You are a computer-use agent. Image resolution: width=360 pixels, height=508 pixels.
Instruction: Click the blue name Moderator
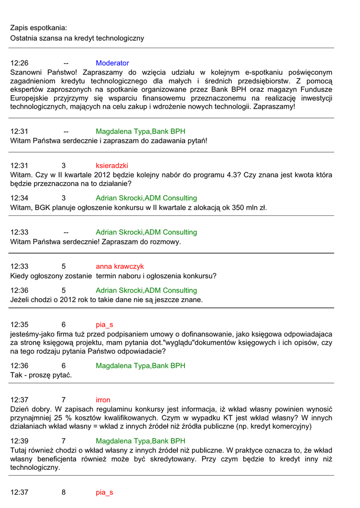tap(112, 63)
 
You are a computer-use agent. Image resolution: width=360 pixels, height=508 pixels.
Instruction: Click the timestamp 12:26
tap(19, 63)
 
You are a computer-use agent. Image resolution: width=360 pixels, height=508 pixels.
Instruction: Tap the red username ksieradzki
tap(112, 166)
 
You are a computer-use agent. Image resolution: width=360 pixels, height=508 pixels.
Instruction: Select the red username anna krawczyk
tap(120, 266)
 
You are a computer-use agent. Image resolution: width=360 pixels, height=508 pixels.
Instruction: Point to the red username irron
tap(103, 400)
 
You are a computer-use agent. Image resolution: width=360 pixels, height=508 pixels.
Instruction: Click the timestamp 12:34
tap(19, 198)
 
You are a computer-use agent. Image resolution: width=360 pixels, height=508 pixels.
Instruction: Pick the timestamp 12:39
tap(19, 441)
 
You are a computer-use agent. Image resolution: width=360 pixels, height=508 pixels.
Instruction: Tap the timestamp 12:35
tap(19, 325)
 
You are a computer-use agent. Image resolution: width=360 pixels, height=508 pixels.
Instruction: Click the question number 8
tap(64, 493)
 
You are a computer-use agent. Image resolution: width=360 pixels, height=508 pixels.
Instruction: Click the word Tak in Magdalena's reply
tap(16, 375)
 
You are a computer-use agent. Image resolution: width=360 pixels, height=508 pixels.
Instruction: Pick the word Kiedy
tap(20, 276)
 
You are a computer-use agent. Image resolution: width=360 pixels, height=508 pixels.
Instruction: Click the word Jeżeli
tap(21, 300)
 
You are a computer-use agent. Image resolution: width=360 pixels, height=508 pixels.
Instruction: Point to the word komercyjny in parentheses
tap(291, 426)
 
